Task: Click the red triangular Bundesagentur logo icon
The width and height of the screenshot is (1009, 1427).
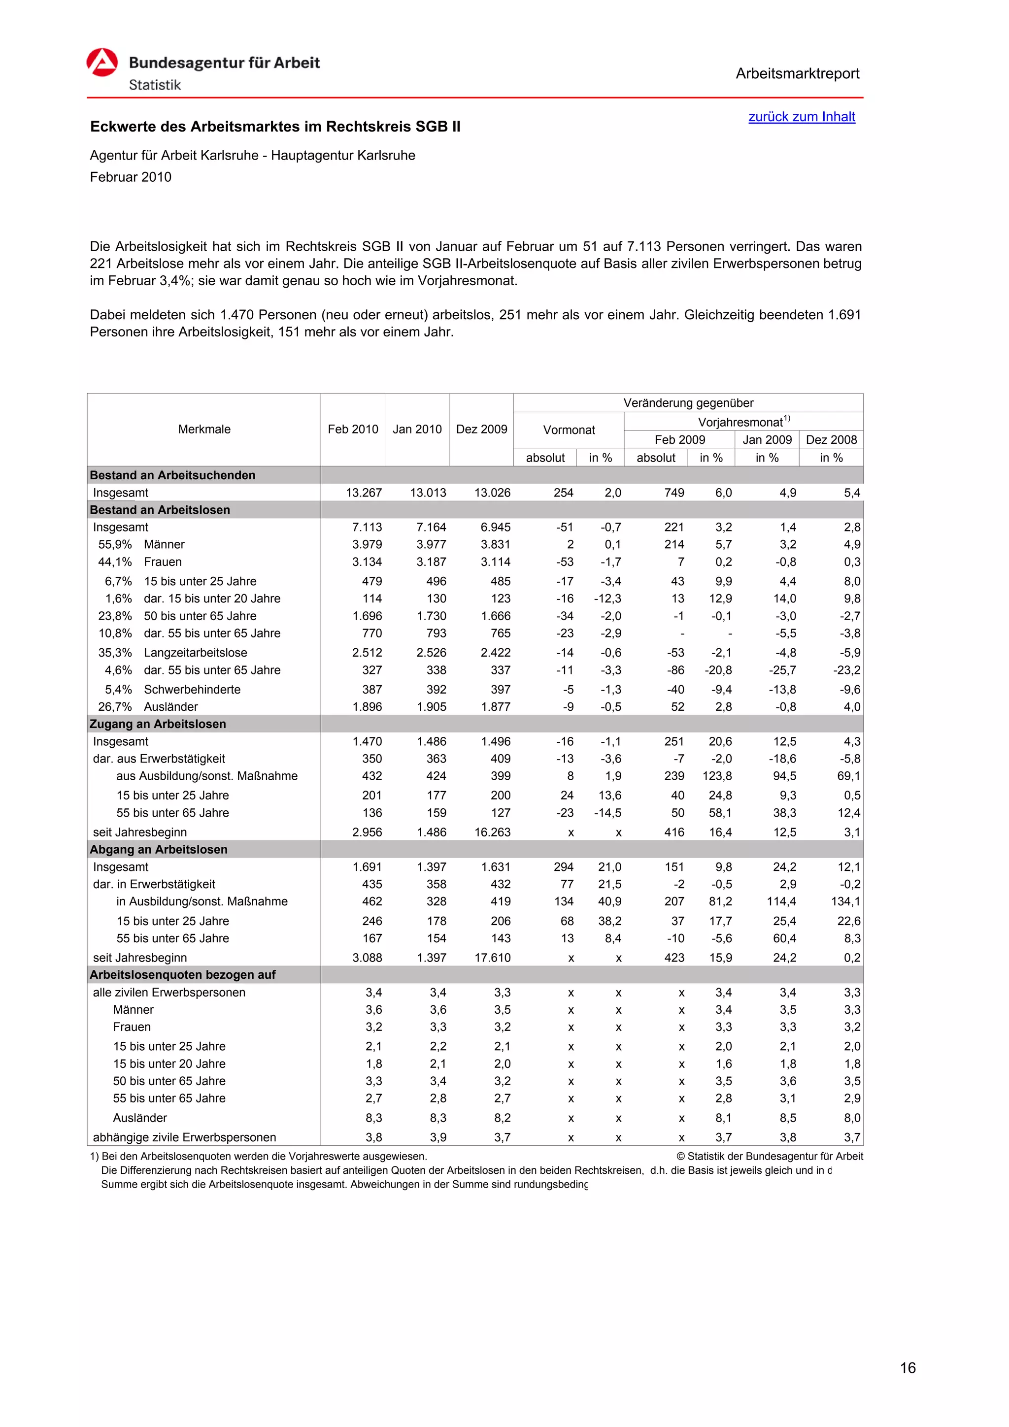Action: (102, 62)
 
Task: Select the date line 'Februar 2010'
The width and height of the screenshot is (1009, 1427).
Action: (131, 177)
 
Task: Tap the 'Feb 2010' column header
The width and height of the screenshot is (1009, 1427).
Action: (352, 429)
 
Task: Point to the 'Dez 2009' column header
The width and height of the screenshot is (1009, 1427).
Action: (481, 429)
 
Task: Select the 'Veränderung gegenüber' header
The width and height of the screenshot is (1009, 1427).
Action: (688, 403)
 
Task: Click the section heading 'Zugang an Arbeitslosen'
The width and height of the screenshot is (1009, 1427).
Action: (158, 724)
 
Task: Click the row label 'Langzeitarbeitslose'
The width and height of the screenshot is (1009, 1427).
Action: (195, 653)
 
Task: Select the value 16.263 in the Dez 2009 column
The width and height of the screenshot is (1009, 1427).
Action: (492, 831)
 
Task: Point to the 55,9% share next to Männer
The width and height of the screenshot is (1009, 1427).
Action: (115, 544)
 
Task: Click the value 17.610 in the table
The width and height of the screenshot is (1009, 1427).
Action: (492, 957)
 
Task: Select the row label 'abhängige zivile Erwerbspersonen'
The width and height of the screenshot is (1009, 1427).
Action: (184, 1137)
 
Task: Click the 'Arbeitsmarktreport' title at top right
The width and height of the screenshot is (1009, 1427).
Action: (797, 73)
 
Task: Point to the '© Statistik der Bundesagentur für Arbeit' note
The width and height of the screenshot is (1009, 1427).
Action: (769, 1156)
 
